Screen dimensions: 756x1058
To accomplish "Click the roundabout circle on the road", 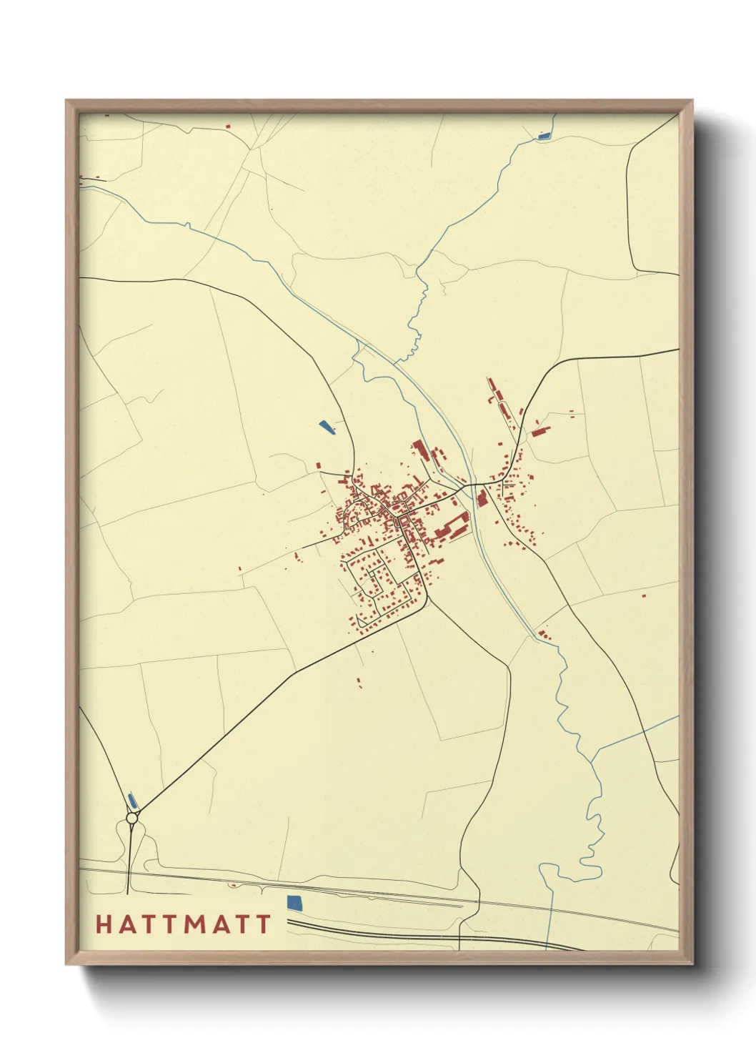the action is (131, 817).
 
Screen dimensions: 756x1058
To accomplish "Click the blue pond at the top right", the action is (544, 135).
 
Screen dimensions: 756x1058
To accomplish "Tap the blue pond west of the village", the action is (327, 427).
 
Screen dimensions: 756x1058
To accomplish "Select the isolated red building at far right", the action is (644, 594).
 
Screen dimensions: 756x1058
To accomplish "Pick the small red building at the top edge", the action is (229, 127).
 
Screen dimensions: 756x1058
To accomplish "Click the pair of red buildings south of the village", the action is (359, 682).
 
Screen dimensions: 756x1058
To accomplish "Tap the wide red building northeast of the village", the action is (541, 430).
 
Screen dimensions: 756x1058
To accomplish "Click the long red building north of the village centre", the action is (419, 450).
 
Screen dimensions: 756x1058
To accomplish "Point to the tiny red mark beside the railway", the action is (232, 885).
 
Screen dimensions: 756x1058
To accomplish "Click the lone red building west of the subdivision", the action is (240, 569).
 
